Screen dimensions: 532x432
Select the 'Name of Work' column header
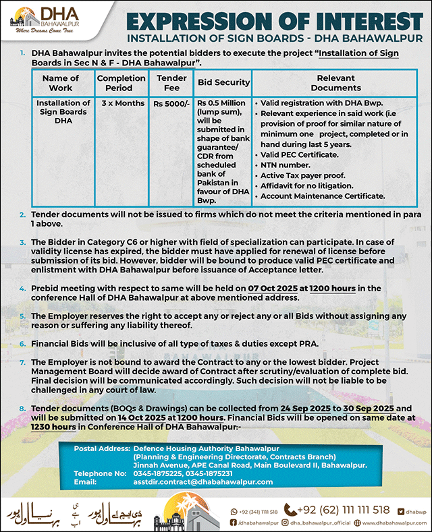point(61,82)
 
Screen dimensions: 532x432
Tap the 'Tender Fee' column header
point(171,82)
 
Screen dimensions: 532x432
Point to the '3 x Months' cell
point(123,103)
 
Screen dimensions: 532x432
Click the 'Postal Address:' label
point(101,448)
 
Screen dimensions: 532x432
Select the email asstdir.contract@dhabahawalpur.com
point(202,482)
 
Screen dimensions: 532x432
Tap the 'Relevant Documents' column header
point(336,82)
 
